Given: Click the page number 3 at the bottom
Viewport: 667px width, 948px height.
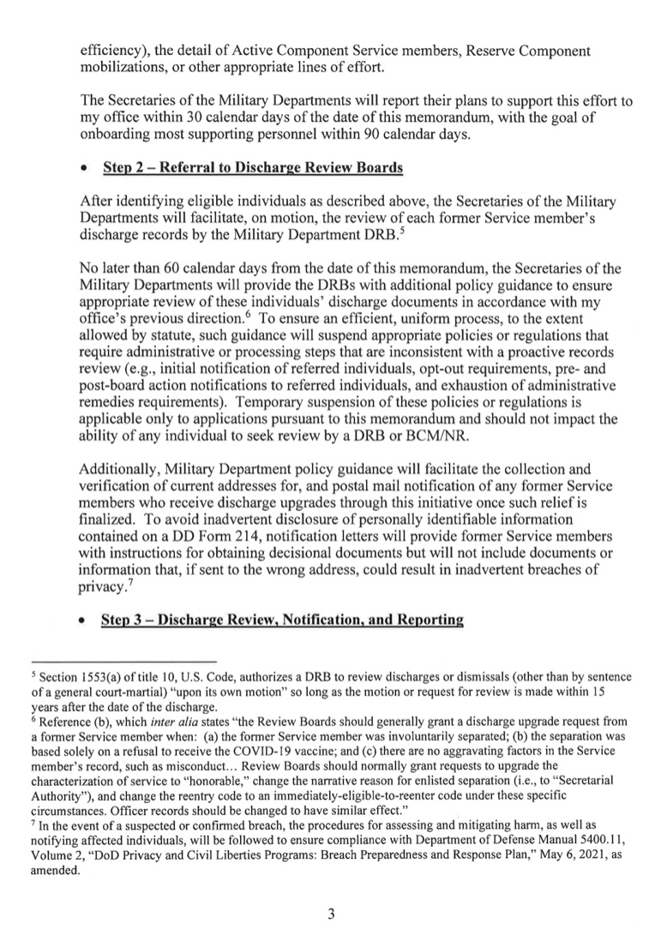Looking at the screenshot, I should [331, 914].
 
